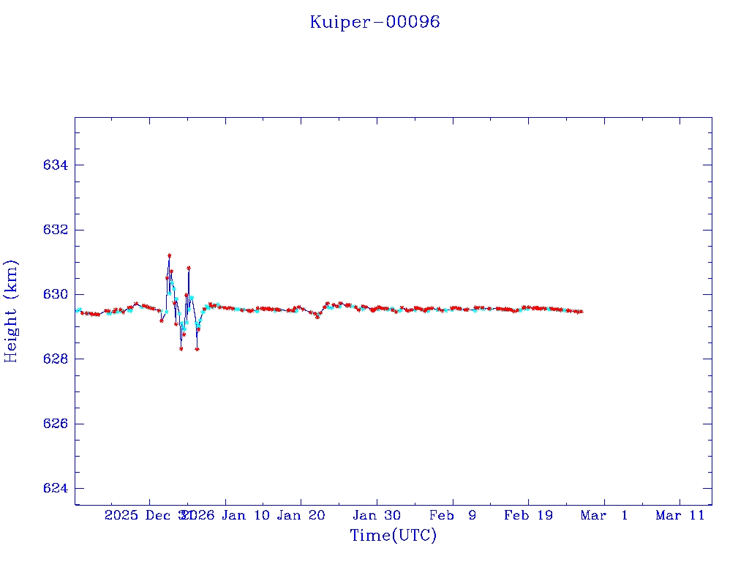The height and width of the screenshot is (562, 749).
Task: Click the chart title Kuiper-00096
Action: (x=374, y=22)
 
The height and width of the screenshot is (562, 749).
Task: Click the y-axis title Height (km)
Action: (x=11, y=311)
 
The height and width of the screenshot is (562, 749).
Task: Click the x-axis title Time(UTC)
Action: (x=393, y=536)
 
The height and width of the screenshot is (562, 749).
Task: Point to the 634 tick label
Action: (x=56, y=165)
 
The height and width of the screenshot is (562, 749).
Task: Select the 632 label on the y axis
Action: (x=56, y=230)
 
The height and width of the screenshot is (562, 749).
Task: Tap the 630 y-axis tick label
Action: (x=56, y=294)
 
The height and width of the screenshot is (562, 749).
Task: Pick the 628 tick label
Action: (x=56, y=359)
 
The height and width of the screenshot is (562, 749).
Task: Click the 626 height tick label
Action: (x=56, y=424)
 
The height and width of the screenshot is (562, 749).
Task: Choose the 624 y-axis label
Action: (x=56, y=489)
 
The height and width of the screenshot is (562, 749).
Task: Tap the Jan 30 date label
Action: (x=377, y=515)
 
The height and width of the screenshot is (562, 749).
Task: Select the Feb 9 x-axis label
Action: (x=452, y=515)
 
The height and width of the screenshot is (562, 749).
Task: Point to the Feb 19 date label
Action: (x=528, y=515)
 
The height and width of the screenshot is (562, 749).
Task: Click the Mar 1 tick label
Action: (x=604, y=515)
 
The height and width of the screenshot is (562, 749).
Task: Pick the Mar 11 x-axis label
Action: (x=680, y=515)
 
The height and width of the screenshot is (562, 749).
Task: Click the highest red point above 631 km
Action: (x=169, y=255)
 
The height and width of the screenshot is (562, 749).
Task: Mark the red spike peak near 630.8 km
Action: (x=189, y=268)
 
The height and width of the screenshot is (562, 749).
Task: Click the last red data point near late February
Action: (x=581, y=312)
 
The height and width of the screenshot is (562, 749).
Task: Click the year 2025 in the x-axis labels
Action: (x=121, y=515)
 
